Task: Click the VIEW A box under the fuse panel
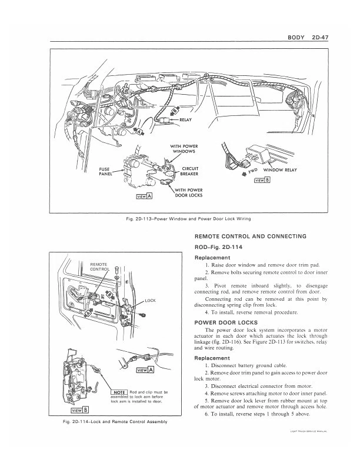click(144, 197)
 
